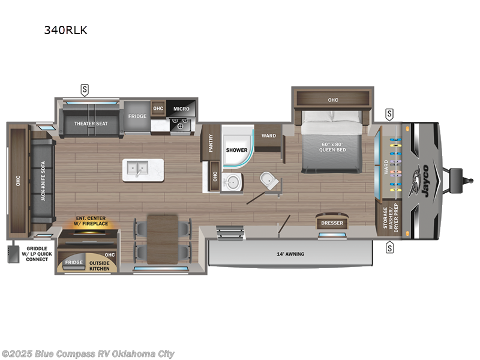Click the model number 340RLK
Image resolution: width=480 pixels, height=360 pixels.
click(66, 30)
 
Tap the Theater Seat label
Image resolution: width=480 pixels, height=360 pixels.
click(91, 124)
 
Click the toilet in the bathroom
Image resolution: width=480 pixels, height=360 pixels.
click(269, 181)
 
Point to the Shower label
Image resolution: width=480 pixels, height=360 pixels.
click(236, 150)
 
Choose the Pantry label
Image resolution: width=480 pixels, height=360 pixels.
click(211, 143)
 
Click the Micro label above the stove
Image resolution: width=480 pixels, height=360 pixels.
click(181, 109)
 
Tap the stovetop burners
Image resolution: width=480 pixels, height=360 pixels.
click(181, 125)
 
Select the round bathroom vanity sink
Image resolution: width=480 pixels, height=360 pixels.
click(232, 182)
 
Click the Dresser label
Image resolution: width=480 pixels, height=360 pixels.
click(332, 223)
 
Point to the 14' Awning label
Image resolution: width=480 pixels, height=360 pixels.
click(290, 254)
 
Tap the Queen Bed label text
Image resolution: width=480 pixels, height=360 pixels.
click(332, 147)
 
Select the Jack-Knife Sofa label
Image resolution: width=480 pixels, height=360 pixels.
click(43, 181)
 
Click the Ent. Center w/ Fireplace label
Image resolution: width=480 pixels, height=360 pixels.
click(91, 221)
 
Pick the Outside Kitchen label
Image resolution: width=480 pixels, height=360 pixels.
click(100, 266)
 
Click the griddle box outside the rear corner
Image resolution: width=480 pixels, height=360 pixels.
click(13, 254)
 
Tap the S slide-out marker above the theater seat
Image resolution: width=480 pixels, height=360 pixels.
click(85, 90)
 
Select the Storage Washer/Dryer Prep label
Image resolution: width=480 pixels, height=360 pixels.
click(391, 218)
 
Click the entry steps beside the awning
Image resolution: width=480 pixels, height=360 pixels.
click(230, 233)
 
